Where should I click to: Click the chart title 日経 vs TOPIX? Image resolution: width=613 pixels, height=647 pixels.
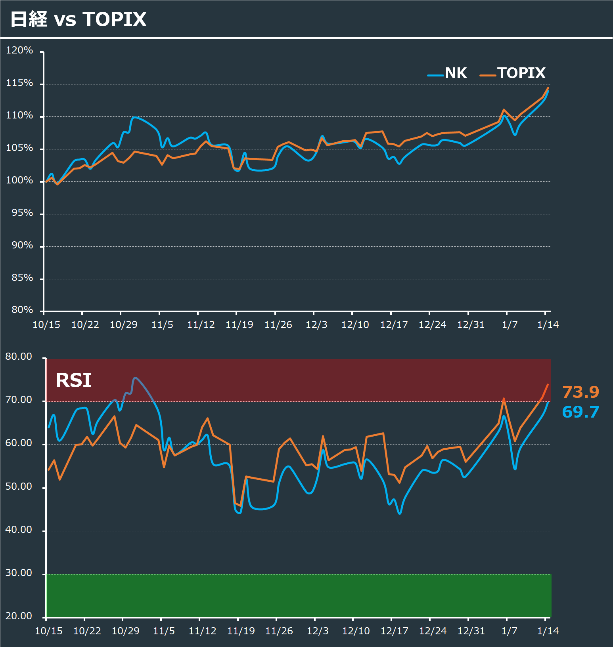79,19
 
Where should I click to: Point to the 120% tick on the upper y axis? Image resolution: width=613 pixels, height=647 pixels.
19,50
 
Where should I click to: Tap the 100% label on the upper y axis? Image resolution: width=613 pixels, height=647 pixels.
19,180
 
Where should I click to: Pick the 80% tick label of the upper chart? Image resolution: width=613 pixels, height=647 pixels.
22,310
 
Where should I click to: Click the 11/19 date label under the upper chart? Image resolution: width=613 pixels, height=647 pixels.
239,325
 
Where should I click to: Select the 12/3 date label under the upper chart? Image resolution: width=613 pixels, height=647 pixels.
316,325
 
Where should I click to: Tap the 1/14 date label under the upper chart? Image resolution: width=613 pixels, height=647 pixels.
548,325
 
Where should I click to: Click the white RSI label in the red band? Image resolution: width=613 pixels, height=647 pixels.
74,380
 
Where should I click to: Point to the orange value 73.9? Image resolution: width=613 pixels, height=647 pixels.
580,392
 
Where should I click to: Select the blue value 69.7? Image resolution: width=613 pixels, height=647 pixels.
580,412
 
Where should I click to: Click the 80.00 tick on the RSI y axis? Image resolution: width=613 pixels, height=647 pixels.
19,357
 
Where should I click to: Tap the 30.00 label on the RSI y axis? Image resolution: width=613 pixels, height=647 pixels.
19,573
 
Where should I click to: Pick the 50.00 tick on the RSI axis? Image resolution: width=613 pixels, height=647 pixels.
19,487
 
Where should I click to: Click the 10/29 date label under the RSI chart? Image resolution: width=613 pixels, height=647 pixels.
126,631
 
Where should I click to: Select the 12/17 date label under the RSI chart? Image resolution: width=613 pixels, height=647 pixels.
394,631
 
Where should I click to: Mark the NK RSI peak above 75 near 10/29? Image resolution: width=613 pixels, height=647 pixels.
135,378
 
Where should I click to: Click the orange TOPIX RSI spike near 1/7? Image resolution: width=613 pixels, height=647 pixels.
504,399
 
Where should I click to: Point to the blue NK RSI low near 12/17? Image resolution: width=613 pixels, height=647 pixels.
400,513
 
